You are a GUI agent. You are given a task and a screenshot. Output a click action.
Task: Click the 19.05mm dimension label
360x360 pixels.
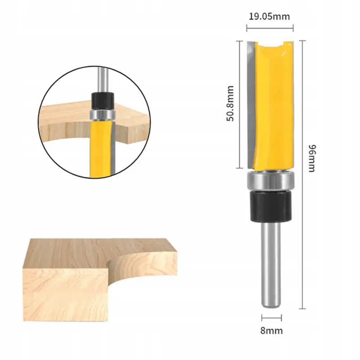coord(269,17)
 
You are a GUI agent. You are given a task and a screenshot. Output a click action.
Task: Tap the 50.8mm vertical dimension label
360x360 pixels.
coord(230,103)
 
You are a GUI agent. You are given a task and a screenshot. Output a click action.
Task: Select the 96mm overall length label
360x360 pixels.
coord(312,158)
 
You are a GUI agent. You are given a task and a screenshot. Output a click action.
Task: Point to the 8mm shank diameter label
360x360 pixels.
coord(271,331)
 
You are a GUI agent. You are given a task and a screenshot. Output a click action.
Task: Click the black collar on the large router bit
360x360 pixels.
coord(271,207)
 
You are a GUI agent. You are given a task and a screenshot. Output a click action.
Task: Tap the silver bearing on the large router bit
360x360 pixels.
coord(270,181)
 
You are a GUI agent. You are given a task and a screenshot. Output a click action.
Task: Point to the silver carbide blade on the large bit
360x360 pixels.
coord(251,103)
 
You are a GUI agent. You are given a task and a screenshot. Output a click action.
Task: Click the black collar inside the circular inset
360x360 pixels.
coord(103,100)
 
